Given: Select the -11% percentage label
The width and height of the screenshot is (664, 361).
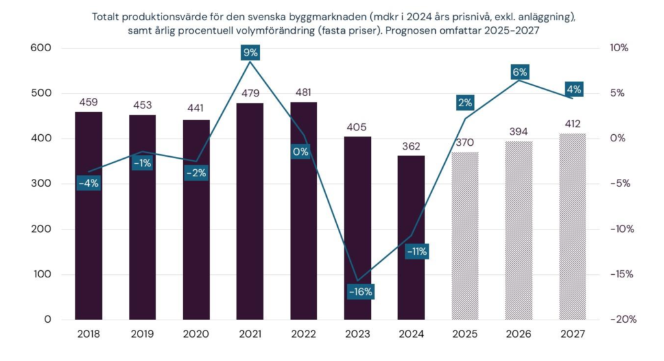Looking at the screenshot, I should [416, 251].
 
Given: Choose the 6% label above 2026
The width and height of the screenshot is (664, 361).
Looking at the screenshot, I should [519, 72].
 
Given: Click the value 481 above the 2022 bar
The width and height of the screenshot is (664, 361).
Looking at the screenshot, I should [304, 92].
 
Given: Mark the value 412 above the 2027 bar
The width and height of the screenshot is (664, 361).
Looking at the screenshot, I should [573, 123].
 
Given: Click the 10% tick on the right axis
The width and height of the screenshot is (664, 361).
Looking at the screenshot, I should [620, 48].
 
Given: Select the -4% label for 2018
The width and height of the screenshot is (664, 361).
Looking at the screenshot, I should [88, 183].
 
